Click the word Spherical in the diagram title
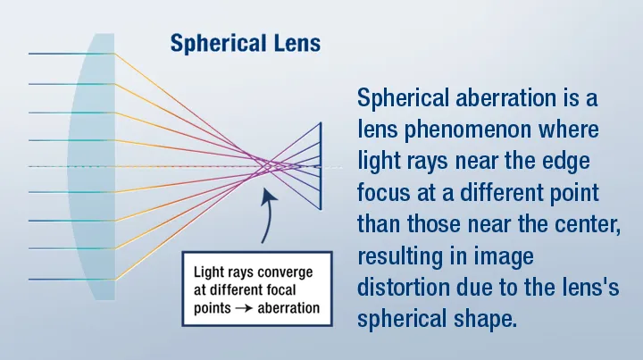point(218,44)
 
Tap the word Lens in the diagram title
point(296,43)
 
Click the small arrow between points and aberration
point(244,308)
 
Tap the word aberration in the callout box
point(288,308)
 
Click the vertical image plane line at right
point(321,166)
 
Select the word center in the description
point(588,224)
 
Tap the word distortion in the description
point(403,288)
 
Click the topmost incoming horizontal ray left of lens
point(71,54)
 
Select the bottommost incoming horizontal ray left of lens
point(71,280)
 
